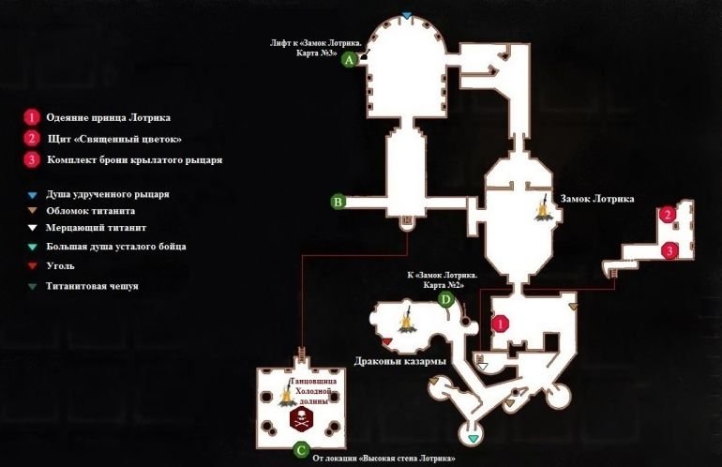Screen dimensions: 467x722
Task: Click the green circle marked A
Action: [350, 59]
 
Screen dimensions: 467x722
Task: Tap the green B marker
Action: [338, 201]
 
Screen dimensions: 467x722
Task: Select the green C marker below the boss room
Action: [300, 449]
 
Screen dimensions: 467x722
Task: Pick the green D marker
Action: [446, 299]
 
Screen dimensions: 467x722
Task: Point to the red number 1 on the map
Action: [500, 323]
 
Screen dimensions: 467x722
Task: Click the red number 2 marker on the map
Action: [667, 215]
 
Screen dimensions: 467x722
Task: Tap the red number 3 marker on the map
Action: [669, 250]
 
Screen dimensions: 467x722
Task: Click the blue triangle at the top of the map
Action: [406, 16]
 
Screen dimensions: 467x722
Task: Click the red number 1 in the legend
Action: [31, 117]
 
